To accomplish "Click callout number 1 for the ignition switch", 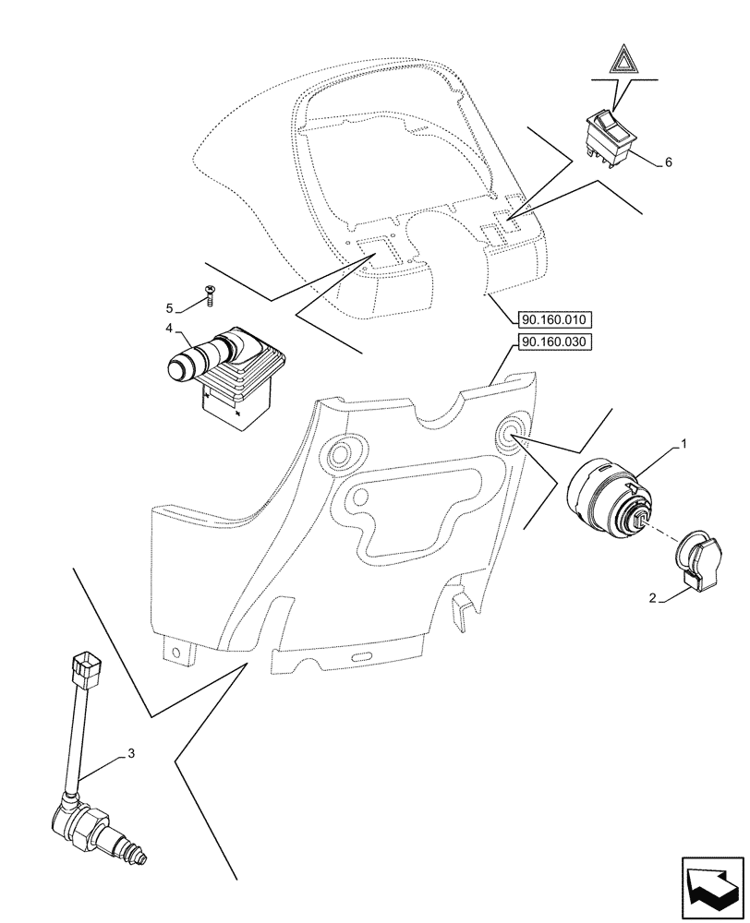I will pos(683,445).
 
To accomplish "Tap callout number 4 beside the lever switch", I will pos(169,328).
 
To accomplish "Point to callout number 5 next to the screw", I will pos(169,307).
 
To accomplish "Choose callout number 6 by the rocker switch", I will pos(668,162).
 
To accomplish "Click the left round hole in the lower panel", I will pos(345,451).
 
